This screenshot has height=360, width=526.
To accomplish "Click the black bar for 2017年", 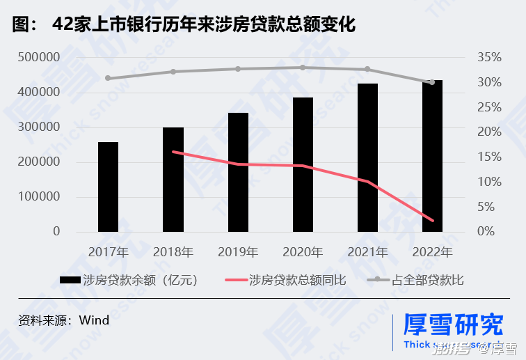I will tap(108, 187).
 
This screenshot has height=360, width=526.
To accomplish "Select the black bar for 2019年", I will tap(238, 172).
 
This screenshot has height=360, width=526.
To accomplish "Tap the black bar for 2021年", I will tap(367, 157).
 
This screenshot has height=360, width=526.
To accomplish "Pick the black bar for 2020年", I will tap(303, 164).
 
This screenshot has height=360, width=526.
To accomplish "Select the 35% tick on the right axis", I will tap(490, 57).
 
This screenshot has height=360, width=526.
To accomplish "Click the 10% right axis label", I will tap(490, 182).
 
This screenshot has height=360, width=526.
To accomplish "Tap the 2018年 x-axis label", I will tap(173, 251).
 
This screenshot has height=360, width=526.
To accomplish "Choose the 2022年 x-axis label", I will tap(433, 251).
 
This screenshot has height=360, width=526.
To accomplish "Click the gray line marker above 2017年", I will tap(108, 78).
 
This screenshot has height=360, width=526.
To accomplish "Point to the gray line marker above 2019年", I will tap(238, 69).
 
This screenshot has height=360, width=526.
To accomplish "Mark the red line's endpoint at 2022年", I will tap(432, 221).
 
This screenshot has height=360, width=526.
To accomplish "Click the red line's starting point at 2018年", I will tap(173, 152).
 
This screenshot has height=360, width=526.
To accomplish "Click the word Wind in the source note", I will tap(95, 320).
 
